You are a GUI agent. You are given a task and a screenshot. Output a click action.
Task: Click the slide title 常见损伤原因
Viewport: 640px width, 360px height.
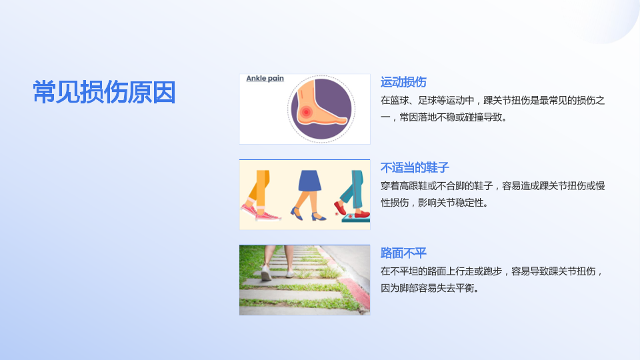pos(104,92)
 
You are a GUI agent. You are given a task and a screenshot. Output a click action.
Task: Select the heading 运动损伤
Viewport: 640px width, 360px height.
pos(403,82)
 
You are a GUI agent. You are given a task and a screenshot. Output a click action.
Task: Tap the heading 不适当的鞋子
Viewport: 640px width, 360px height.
pos(415,167)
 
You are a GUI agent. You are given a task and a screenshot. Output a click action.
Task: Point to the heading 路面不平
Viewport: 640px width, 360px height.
pos(403,253)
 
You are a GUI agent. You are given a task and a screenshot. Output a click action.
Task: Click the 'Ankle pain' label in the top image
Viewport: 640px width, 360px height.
pos(265,79)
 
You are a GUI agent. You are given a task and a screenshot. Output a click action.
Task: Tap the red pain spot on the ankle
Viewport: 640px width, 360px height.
pos(306,112)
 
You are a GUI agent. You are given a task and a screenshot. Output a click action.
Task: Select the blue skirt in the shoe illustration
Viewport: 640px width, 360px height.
pos(310,181)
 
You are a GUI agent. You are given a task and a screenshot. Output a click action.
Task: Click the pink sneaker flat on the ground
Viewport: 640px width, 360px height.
pos(268,216)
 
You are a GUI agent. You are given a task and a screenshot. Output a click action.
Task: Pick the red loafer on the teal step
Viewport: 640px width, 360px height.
pos(361,214)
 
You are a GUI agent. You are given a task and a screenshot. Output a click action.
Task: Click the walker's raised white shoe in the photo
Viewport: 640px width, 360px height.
pos(266,273)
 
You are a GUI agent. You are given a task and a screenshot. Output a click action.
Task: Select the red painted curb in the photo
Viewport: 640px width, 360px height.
pos(353,292)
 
